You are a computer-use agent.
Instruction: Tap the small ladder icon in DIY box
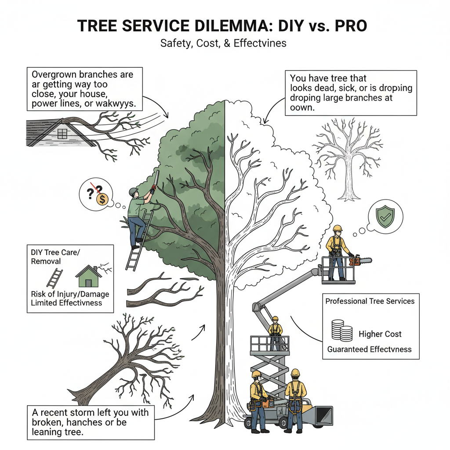click(54, 278)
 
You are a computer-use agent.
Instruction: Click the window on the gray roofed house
click(63, 133)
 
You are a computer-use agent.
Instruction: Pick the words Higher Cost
click(380, 334)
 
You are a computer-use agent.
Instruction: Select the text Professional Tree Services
click(370, 301)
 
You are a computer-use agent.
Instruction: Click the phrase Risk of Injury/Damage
click(70, 294)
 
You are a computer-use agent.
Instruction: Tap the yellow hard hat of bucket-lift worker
click(337, 228)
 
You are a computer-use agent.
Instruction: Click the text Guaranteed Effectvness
click(369, 349)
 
